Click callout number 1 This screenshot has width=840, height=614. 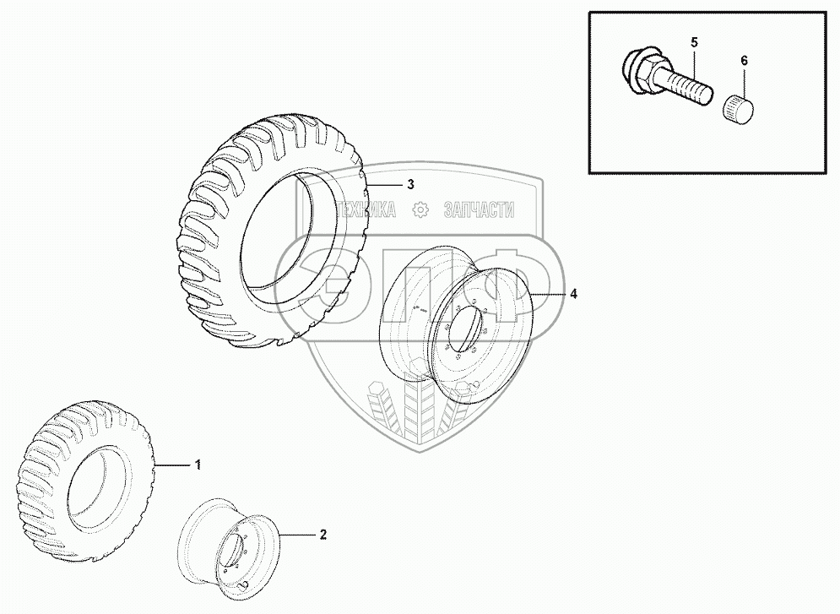198,465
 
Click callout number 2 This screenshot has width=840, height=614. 322,535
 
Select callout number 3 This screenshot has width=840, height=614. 410,184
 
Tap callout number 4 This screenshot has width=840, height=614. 574,294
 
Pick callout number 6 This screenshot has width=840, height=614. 744,61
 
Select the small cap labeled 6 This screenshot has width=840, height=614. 740,108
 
